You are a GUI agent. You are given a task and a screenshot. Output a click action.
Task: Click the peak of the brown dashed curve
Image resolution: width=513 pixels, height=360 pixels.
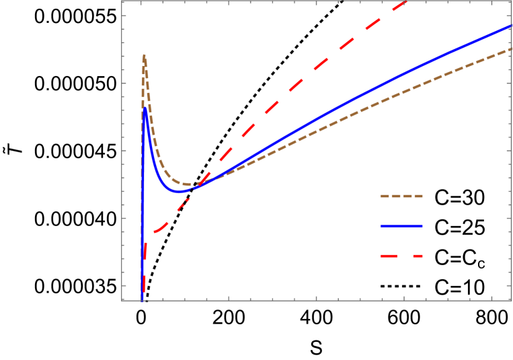point(144,55)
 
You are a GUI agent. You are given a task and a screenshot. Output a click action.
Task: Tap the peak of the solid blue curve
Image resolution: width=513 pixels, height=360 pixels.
point(145,108)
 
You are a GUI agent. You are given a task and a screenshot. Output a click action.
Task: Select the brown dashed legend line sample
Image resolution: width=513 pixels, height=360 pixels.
point(401,196)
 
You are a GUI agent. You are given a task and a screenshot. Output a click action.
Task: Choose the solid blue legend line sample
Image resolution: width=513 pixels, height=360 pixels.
point(401,226)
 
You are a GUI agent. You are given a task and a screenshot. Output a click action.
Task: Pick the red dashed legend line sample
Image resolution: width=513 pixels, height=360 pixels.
point(401,256)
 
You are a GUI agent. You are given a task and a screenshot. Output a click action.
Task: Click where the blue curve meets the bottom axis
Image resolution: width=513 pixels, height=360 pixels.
point(142,299)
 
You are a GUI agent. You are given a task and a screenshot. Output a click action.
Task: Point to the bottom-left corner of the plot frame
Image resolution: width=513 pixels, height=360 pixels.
point(122,300)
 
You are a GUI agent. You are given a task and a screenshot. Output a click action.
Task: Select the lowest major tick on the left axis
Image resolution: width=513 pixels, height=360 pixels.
point(124,285)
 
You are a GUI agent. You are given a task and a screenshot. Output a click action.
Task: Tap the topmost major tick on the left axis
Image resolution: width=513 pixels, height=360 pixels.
point(124,15)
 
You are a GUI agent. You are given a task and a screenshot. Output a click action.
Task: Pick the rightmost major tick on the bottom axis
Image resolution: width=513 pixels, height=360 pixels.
point(491,297)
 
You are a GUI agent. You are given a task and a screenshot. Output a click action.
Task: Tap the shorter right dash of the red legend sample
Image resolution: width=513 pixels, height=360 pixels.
point(417,256)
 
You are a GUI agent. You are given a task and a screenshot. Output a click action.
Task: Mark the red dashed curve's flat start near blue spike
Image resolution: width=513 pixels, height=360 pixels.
point(156,232)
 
